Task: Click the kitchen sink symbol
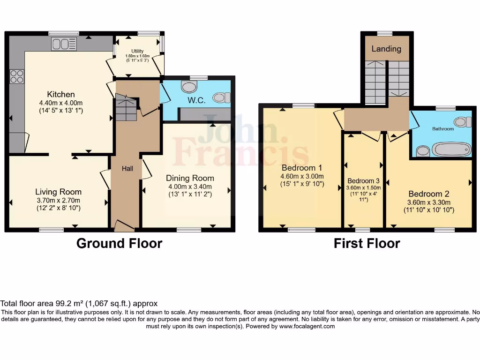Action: [64, 44]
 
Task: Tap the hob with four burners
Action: [17, 76]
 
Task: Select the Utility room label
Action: [137, 51]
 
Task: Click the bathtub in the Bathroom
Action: [450, 150]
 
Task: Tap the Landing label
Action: [386, 49]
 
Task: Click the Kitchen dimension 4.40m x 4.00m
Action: [60, 104]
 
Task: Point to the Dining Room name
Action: [190, 178]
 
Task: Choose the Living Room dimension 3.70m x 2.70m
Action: [58, 200]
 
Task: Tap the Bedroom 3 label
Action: [363, 181]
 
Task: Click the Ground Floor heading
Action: [119, 243]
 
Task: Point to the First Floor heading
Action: [367, 243]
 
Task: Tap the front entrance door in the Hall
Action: [124, 226]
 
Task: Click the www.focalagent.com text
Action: [307, 326]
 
